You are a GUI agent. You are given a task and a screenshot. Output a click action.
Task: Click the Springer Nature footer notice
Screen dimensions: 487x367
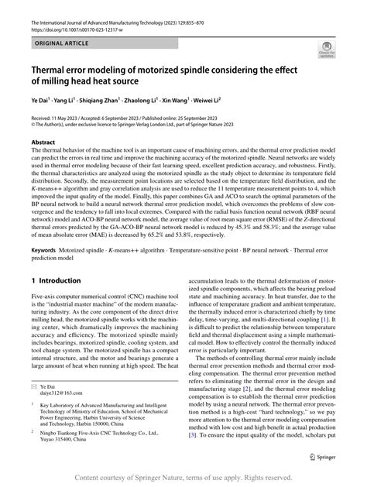[183, 478]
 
